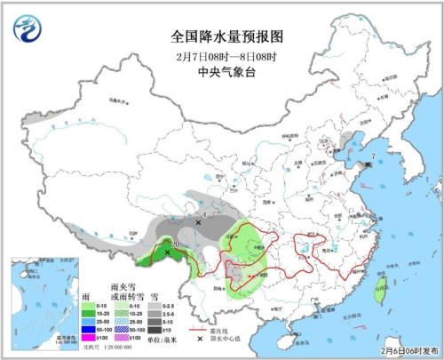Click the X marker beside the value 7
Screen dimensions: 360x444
[368, 164]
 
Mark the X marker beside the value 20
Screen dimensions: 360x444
[167, 252]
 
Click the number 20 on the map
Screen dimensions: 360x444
[175, 244]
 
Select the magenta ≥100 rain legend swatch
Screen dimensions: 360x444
[92, 338]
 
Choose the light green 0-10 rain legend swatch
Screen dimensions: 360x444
[92, 305]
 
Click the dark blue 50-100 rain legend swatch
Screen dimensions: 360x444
[92, 330]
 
